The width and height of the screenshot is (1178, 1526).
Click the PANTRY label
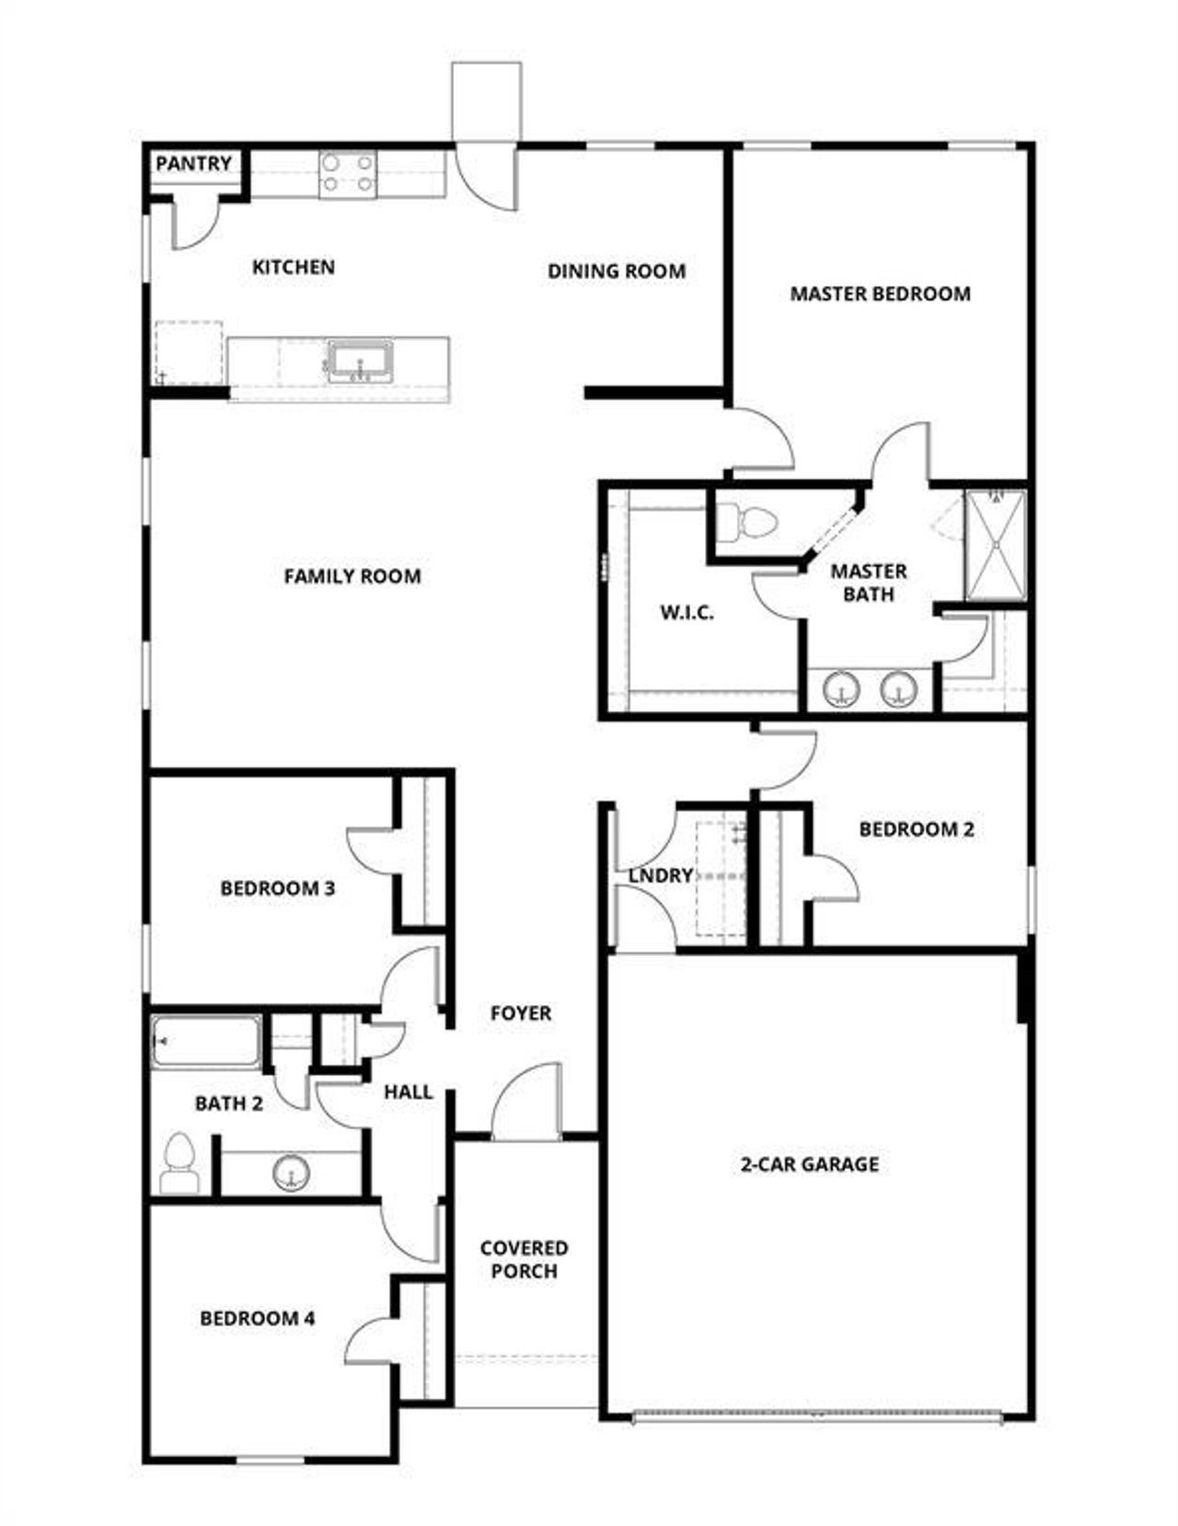point(193,164)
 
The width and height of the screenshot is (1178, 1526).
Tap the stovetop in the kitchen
point(348,174)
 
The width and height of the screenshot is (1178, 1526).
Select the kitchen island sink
point(360,362)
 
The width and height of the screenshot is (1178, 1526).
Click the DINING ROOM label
point(616,271)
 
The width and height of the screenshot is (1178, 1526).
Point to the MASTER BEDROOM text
point(880,294)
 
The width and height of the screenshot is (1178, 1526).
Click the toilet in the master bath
point(746,523)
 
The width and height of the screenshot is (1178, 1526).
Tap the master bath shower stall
point(995,545)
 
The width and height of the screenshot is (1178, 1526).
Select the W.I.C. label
point(687,613)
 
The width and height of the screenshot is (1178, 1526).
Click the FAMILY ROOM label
point(352,576)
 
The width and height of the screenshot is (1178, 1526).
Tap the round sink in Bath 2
point(292,1172)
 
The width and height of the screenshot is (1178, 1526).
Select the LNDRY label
point(660,875)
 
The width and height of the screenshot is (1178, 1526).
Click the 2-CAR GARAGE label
point(809,1164)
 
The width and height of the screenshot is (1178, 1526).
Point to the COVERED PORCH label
point(524,1259)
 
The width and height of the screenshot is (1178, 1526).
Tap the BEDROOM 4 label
point(257,1318)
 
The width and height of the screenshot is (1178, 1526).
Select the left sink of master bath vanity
point(839,689)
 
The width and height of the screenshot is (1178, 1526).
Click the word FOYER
point(520,1013)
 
